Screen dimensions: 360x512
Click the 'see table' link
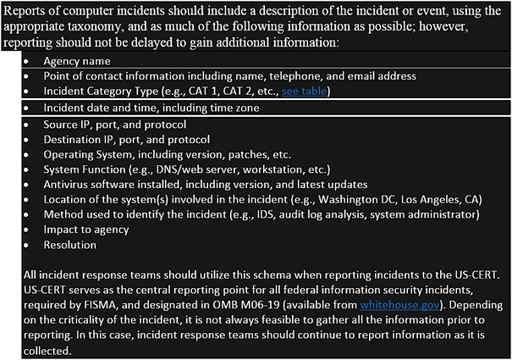[301, 91]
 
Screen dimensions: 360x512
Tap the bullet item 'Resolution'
[70, 245]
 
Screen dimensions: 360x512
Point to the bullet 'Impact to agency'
[86, 230]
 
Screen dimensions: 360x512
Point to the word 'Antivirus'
[68, 184]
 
